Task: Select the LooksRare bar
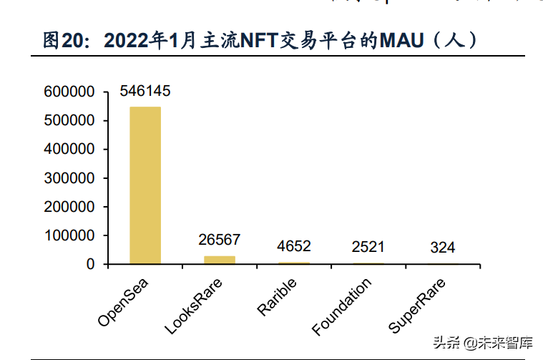pos(220,260)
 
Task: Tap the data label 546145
pos(145,92)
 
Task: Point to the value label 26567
pos(220,240)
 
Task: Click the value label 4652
pos(293,247)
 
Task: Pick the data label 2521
pos(368,248)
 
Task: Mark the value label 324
pos(442,248)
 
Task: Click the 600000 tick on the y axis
pos(69,92)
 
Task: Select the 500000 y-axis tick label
pos(69,121)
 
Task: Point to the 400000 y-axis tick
pos(69,150)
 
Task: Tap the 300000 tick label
pos(69,178)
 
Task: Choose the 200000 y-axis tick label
pos(69,207)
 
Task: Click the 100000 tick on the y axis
pos(69,235)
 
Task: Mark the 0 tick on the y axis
pos(91,264)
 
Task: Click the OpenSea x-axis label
pos(126,300)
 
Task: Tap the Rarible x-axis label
pos(278,295)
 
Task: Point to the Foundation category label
pos(343,306)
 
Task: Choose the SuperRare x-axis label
pos(419,306)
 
